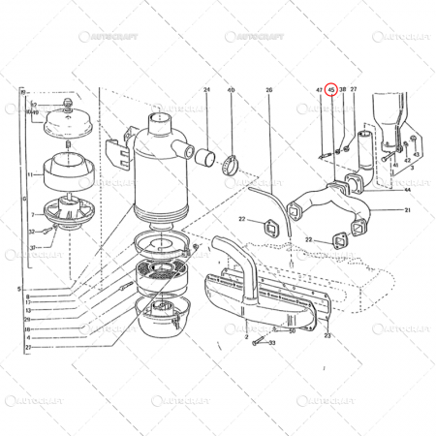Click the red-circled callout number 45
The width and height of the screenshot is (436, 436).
(x=331, y=90)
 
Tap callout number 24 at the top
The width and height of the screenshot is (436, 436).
(x=206, y=90)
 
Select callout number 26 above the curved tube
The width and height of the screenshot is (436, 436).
(x=269, y=90)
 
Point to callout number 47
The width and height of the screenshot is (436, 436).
(x=319, y=90)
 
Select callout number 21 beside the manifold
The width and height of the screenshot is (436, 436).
(x=408, y=210)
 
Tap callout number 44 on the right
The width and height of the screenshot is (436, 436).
(x=408, y=190)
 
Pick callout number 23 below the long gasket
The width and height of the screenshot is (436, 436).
(x=327, y=335)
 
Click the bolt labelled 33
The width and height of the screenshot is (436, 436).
(x=257, y=341)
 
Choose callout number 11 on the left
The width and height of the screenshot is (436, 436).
(x=30, y=174)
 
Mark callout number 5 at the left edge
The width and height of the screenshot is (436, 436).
(x=17, y=289)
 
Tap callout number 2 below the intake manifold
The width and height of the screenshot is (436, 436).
(x=247, y=322)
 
